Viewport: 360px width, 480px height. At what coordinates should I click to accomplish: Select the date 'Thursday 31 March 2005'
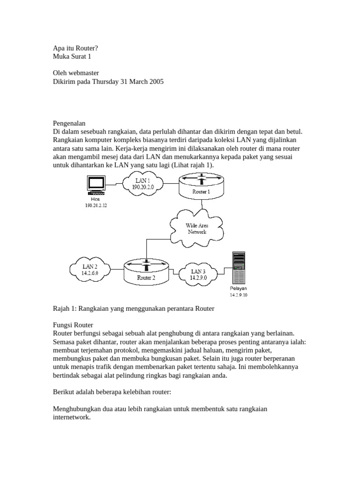pyautogui.click(x=127, y=81)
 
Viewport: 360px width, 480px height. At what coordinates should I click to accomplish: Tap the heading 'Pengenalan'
pyautogui.click(x=73, y=123)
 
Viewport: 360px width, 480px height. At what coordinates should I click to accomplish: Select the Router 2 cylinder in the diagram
pyautogui.click(x=146, y=272)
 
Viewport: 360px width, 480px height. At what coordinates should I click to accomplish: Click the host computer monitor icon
pyautogui.click(x=96, y=184)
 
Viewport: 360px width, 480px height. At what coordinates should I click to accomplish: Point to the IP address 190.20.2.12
pyautogui.click(x=96, y=205)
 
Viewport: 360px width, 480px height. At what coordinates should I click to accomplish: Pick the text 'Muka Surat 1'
pyautogui.click(x=72, y=56)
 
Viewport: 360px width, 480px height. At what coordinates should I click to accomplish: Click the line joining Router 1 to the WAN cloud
pyautogui.click(x=202, y=205)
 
